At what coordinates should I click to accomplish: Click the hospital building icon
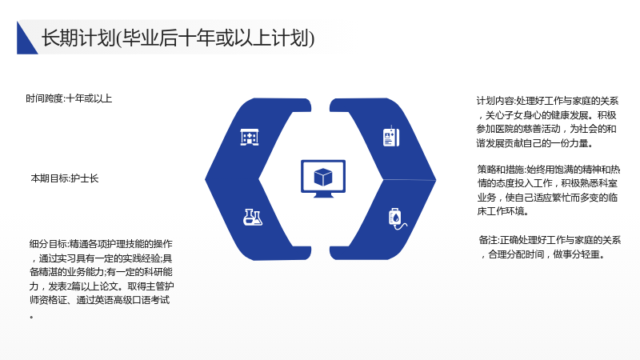[250, 137]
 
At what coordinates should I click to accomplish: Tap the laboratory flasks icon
[252, 217]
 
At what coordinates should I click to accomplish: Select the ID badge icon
[391, 137]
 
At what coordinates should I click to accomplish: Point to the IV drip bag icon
[397, 218]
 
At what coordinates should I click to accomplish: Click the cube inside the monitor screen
[323, 177]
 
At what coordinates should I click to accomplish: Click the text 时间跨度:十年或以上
[69, 98]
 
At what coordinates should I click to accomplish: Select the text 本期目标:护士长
[65, 178]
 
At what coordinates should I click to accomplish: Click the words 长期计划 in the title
[78, 38]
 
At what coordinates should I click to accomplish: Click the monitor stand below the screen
[323, 194]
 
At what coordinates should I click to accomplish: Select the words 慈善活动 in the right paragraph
[542, 129]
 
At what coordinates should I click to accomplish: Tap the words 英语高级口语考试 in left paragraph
[132, 300]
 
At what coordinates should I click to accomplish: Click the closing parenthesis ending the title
[312, 38]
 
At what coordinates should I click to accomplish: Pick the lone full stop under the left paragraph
[31, 317]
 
